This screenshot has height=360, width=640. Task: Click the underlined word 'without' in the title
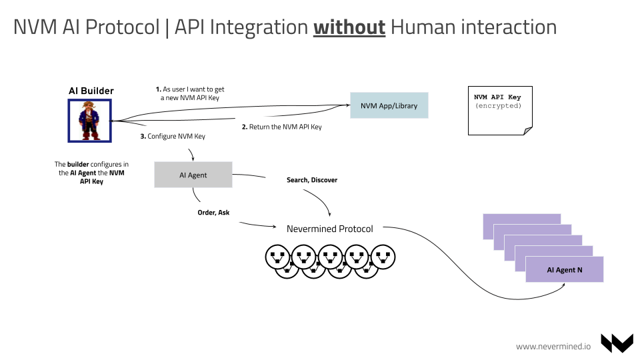coord(349,27)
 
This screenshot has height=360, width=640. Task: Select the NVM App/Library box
coord(389,106)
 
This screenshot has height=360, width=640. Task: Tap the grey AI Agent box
coord(193,175)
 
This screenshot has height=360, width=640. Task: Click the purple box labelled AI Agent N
coord(564,269)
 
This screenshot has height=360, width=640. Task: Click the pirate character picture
coord(89,121)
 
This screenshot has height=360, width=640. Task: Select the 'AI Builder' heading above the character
coord(91,91)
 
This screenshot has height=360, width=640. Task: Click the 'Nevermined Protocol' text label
coord(329,229)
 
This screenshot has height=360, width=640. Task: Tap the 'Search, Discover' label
coord(312,180)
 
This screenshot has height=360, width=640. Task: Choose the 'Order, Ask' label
coord(213,213)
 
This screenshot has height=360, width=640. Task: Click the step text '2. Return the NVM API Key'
coord(281,127)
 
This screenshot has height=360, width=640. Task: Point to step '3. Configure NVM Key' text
coord(173,137)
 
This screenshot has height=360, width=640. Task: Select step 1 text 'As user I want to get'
coord(190,89)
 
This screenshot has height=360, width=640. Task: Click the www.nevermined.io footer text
coord(553,345)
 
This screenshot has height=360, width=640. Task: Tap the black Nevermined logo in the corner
coord(616,343)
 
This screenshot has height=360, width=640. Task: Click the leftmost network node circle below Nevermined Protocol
coord(277,256)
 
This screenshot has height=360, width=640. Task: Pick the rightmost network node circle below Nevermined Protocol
coord(383,256)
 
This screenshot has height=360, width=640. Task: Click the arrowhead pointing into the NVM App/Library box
coord(347,104)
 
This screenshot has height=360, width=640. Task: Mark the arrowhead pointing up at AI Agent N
coord(564,285)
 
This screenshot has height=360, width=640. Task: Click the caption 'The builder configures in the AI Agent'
coord(91,172)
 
